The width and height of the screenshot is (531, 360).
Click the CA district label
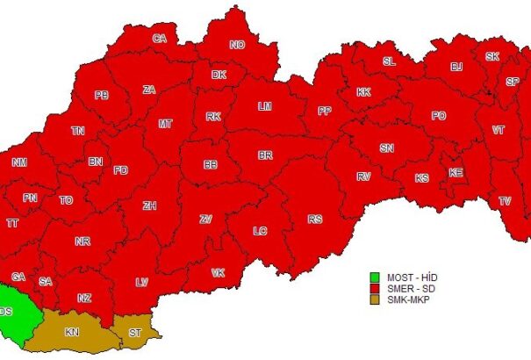pyautogui.click(x=160, y=39)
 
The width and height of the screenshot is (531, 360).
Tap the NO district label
pyautogui.click(x=237, y=45)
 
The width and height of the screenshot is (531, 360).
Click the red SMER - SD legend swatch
pyautogui.click(x=374, y=288)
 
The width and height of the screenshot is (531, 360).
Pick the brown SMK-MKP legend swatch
pyautogui.click(x=374, y=299)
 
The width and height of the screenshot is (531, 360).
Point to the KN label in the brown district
pyautogui.click(x=72, y=333)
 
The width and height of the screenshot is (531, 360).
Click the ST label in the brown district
pyautogui.click(x=134, y=334)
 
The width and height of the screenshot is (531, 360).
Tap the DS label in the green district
pyautogui.click(x=7, y=312)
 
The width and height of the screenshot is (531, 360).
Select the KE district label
pyautogui.click(x=456, y=173)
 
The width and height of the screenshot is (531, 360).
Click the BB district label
pyautogui.click(x=211, y=164)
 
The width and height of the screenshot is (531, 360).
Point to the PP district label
pyautogui.click(x=325, y=111)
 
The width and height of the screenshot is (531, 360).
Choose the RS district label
pyautogui.click(x=315, y=219)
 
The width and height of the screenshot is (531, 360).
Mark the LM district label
pyautogui.click(x=264, y=106)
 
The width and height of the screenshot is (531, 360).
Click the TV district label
pyautogui.click(x=506, y=201)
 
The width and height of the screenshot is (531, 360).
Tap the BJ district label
pyautogui.click(x=456, y=67)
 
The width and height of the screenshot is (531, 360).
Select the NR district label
pyautogui.click(x=83, y=241)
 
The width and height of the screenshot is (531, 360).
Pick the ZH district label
pyautogui.click(x=149, y=206)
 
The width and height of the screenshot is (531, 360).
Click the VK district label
pyautogui.click(x=218, y=273)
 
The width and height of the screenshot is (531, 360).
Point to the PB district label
pyautogui.click(x=102, y=95)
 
